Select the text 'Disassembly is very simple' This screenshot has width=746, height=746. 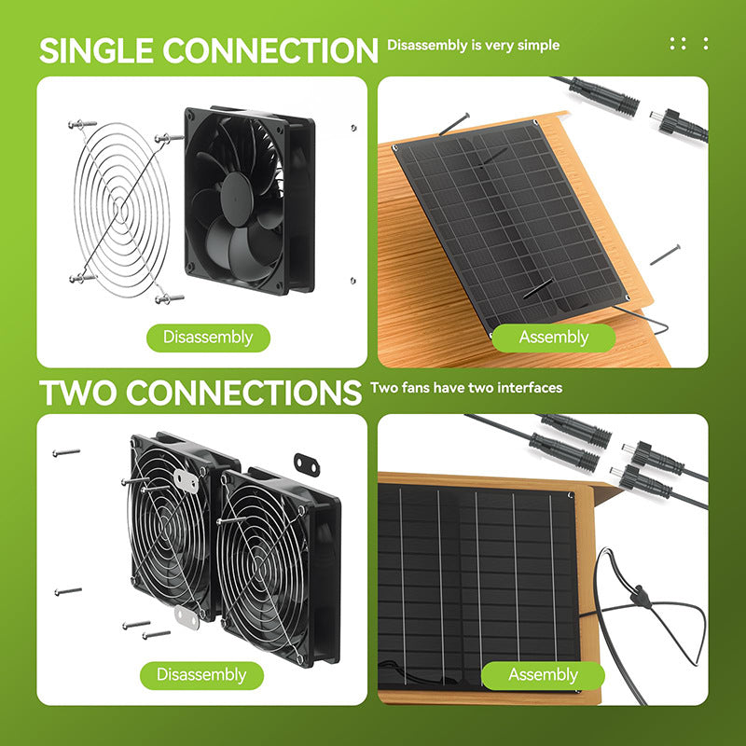(x=473, y=45)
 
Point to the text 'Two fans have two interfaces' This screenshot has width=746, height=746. (x=466, y=388)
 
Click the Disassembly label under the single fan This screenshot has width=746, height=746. (x=208, y=338)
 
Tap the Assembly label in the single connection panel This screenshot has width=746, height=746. (x=554, y=338)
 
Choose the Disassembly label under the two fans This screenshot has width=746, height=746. (x=201, y=674)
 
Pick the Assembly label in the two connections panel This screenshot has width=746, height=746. (x=543, y=674)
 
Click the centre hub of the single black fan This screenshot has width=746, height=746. (x=237, y=199)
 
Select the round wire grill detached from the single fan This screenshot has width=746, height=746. (x=122, y=210)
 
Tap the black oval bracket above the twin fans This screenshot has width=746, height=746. (x=307, y=464)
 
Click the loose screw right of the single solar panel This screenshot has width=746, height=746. (x=665, y=255)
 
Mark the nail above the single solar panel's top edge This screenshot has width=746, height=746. (x=454, y=124)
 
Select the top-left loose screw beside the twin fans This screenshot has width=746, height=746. (x=66, y=452)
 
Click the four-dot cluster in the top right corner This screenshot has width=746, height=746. (x=678, y=44)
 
